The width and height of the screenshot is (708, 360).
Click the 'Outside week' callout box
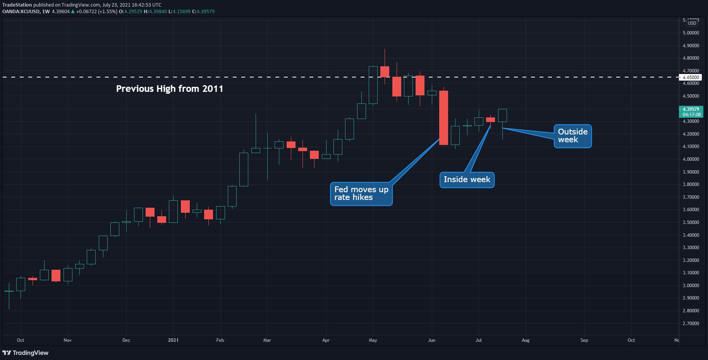[572, 136]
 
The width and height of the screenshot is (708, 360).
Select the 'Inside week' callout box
[467, 180]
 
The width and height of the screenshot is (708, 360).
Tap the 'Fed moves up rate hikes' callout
[361, 194]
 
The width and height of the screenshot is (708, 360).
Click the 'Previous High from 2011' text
[170, 89]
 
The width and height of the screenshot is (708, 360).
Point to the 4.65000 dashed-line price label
[691, 77]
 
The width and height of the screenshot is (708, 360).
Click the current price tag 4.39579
[691, 112]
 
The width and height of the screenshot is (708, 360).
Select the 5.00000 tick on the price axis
[691, 33]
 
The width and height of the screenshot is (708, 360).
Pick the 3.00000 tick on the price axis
[691, 285]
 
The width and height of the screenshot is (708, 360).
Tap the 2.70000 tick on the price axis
[691, 323]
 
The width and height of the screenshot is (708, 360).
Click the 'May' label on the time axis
[373, 340]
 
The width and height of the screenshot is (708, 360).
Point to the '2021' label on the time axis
[173, 340]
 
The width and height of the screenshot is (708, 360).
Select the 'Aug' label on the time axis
[526, 340]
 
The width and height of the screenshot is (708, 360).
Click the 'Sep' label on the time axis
[584, 340]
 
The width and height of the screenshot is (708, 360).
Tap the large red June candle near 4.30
[443, 118]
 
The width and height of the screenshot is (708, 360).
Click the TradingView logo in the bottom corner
[26, 353]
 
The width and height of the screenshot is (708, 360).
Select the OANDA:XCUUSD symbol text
[21, 12]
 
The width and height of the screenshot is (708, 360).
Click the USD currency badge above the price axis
[692, 23]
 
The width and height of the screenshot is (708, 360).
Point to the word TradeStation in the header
[17, 5]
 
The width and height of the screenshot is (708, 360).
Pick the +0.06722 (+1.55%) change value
[97, 12]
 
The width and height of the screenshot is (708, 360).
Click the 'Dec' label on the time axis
[126, 340]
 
